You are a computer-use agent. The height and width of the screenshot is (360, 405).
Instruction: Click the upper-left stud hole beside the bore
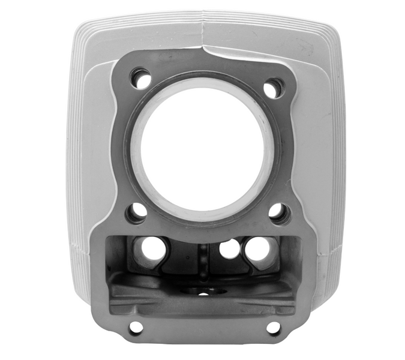pos(142,78)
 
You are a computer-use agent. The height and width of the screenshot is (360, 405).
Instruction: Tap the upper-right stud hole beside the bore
pos(273,88)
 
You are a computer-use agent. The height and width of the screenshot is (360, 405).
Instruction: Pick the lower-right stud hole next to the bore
pos(278,212)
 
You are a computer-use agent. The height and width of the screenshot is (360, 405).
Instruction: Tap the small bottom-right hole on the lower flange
pos(273,328)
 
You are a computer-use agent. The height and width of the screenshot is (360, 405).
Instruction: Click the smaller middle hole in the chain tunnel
pos(229,248)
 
